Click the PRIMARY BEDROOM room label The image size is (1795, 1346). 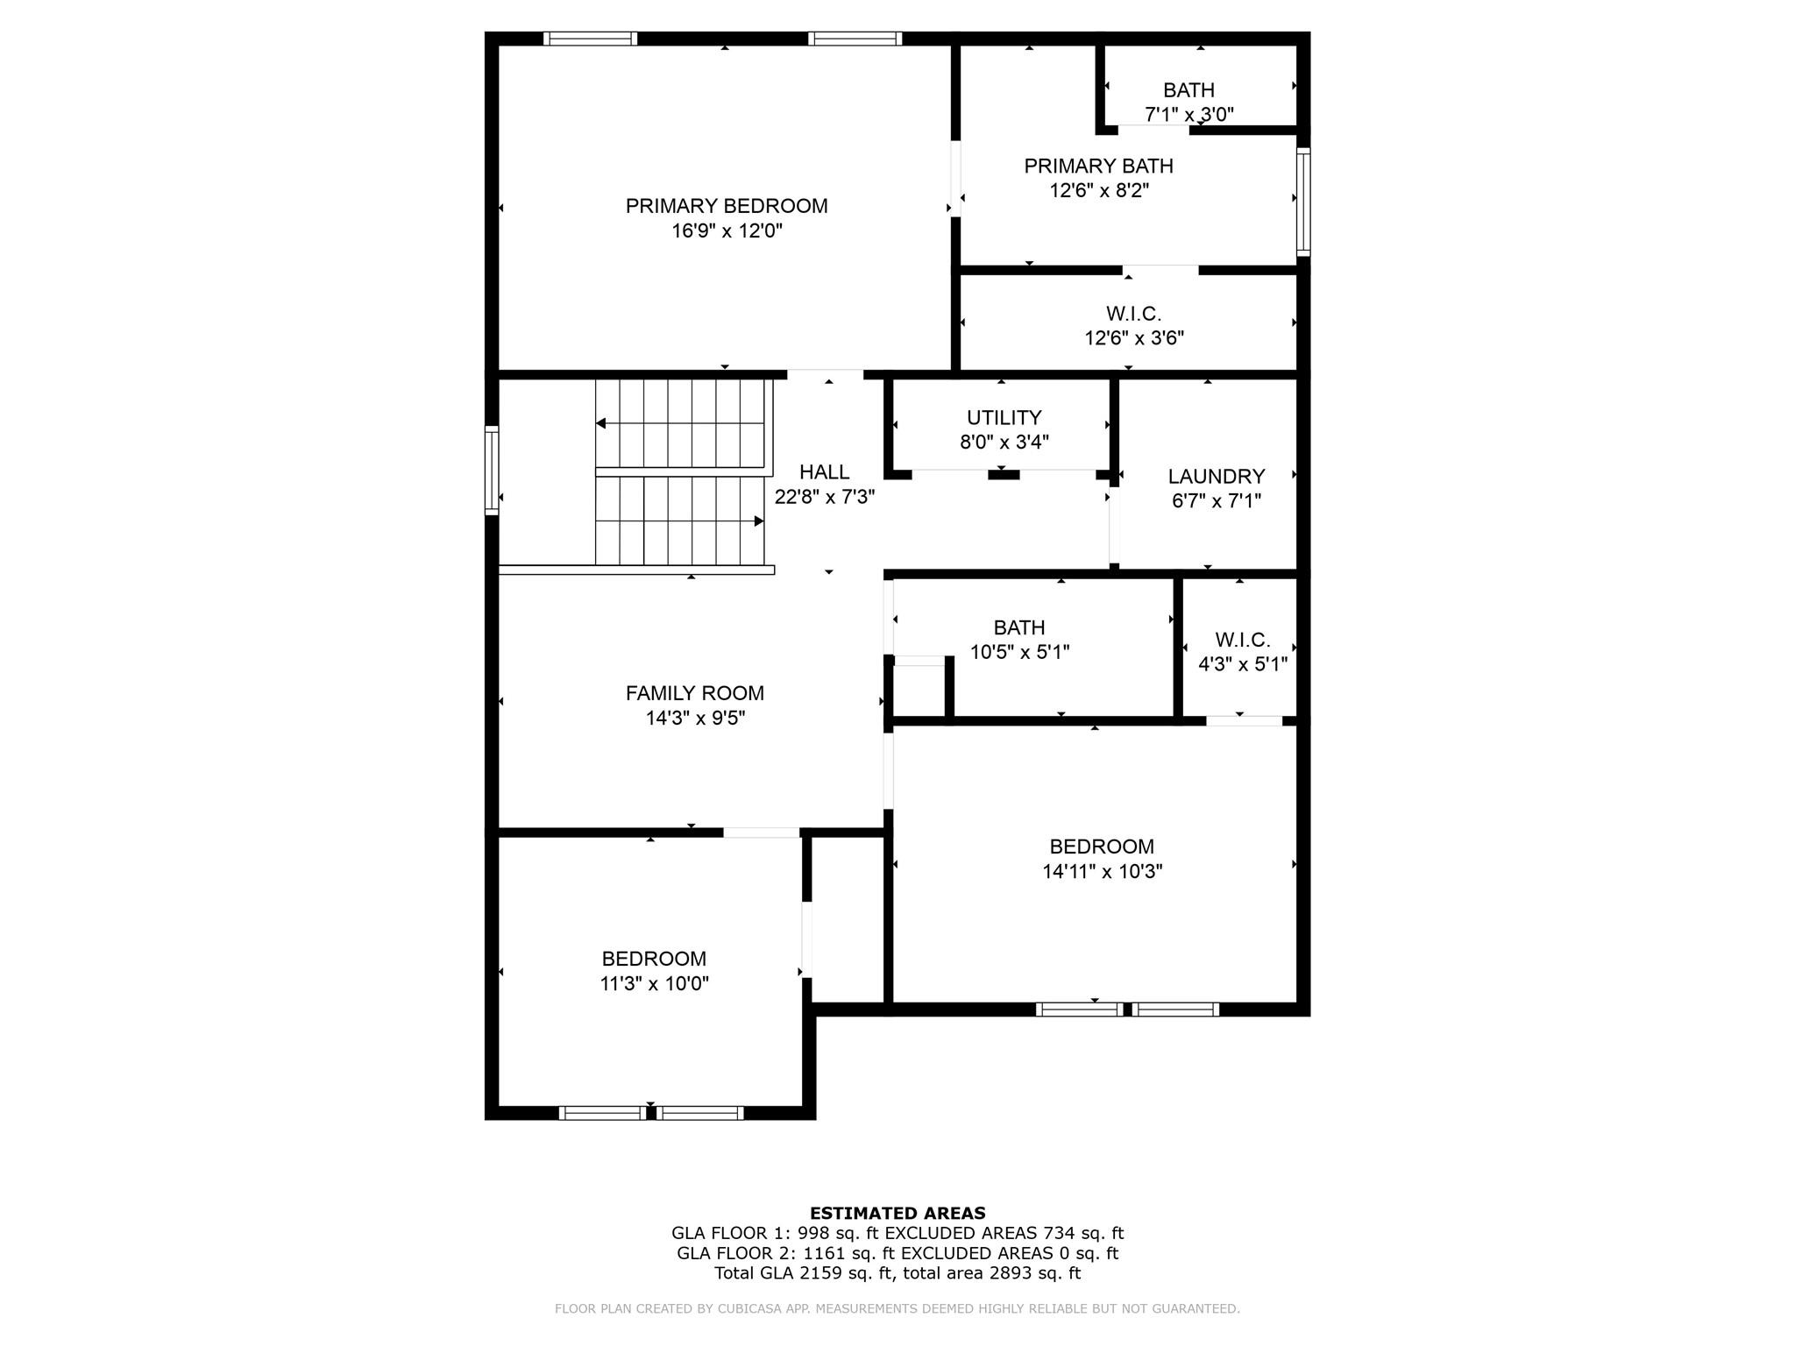[x=727, y=206]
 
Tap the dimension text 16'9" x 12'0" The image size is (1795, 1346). [x=727, y=231]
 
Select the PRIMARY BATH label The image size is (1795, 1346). [x=1098, y=166]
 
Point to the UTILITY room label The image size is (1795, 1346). [x=1004, y=417]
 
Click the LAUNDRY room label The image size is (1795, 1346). [x=1217, y=476]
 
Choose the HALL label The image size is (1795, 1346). [x=824, y=472]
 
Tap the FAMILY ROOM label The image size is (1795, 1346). [x=695, y=693]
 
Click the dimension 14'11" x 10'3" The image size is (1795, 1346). [x=1103, y=871]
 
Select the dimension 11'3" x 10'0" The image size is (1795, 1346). [x=654, y=983]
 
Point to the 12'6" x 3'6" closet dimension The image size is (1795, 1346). [x=1134, y=338]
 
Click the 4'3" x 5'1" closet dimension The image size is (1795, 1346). [x=1243, y=664]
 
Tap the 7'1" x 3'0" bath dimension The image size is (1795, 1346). [x=1189, y=114]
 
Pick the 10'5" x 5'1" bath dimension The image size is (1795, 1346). [x=1020, y=652]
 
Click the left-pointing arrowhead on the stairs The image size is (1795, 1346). [x=600, y=423]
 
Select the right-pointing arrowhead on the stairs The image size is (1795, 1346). [x=759, y=521]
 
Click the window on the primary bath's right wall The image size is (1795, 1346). [x=1303, y=202]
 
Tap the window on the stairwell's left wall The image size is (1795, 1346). [x=492, y=471]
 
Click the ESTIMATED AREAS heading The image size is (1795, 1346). [x=897, y=1214]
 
